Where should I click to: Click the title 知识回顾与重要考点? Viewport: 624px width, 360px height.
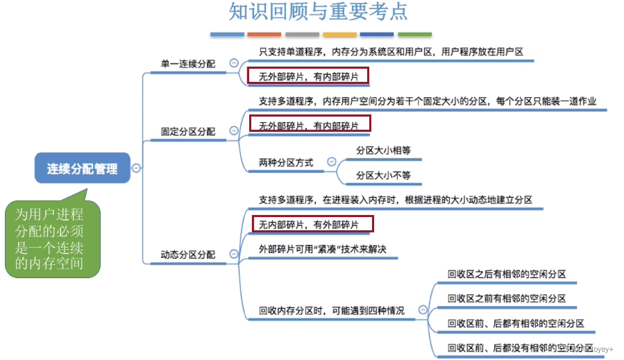coord(318,12)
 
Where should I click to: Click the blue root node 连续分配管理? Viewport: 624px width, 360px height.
coord(83,168)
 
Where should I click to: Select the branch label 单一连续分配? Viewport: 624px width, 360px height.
coord(187,64)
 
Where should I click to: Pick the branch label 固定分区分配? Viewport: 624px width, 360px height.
coord(187,131)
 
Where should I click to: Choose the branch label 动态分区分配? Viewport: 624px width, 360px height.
coord(187,255)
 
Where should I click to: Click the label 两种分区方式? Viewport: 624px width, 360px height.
coord(285,162)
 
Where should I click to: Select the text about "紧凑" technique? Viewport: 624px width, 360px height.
coord(321,250)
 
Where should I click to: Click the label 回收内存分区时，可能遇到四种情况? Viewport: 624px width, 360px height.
coord(331,311)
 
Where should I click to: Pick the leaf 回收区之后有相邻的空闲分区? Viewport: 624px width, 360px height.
coord(506,274)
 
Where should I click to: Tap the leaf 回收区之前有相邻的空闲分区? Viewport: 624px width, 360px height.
coord(506,298)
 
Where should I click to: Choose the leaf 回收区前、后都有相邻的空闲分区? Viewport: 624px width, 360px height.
coord(515,323)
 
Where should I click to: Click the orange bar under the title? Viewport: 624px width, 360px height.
coord(264,34)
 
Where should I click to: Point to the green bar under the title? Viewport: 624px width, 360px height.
coord(414,34)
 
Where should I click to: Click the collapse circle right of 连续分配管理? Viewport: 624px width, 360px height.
coord(137,168)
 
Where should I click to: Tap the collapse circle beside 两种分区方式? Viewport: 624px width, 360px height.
coord(331,162)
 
